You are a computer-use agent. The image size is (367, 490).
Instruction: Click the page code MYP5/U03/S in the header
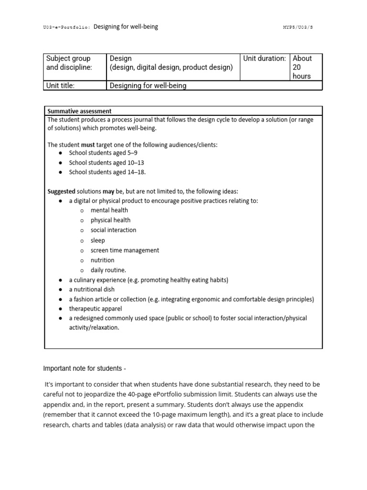(298, 27)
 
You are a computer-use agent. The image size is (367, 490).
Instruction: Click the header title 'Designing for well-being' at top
(126, 27)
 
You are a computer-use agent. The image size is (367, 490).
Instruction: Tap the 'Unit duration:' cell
(264, 59)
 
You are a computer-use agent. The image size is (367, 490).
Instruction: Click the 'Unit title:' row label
(61, 86)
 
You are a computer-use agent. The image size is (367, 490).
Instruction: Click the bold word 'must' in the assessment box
(88, 145)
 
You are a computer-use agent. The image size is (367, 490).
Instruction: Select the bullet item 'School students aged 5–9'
(103, 153)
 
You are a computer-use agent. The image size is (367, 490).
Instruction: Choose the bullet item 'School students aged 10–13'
(106, 163)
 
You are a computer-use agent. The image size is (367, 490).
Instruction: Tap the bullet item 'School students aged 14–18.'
(107, 172)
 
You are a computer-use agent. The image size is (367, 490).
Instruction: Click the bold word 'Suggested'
(61, 191)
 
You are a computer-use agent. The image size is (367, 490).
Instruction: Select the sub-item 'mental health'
(109, 210)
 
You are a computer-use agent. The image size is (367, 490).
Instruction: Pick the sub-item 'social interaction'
(113, 230)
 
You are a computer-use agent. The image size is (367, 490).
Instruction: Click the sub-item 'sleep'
(97, 240)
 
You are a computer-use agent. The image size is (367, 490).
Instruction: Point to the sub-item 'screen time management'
(125, 250)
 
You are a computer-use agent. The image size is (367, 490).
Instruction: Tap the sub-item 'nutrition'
(102, 260)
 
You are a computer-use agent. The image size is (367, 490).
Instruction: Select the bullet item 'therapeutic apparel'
(95, 309)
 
